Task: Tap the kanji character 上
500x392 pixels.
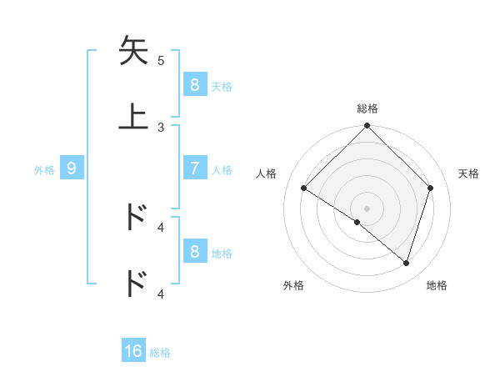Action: (x=133, y=116)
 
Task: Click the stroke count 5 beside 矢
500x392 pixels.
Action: (x=161, y=60)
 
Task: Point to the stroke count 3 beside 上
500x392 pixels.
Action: (x=161, y=127)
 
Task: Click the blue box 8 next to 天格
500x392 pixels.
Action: (x=194, y=85)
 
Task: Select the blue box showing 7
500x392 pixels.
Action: (x=194, y=168)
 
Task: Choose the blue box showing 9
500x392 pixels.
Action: (x=72, y=168)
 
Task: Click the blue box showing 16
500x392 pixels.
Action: (x=133, y=351)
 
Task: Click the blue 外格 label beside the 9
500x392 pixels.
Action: (x=44, y=169)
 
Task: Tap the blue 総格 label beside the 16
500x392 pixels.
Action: (x=160, y=353)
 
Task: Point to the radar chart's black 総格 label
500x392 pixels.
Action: (x=367, y=108)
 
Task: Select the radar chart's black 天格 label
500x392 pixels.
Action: (x=469, y=173)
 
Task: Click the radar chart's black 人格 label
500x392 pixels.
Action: (x=267, y=173)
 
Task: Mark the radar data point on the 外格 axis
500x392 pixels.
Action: (x=357, y=223)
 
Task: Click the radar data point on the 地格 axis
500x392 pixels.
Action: (x=406, y=263)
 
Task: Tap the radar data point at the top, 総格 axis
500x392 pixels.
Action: (x=367, y=127)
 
